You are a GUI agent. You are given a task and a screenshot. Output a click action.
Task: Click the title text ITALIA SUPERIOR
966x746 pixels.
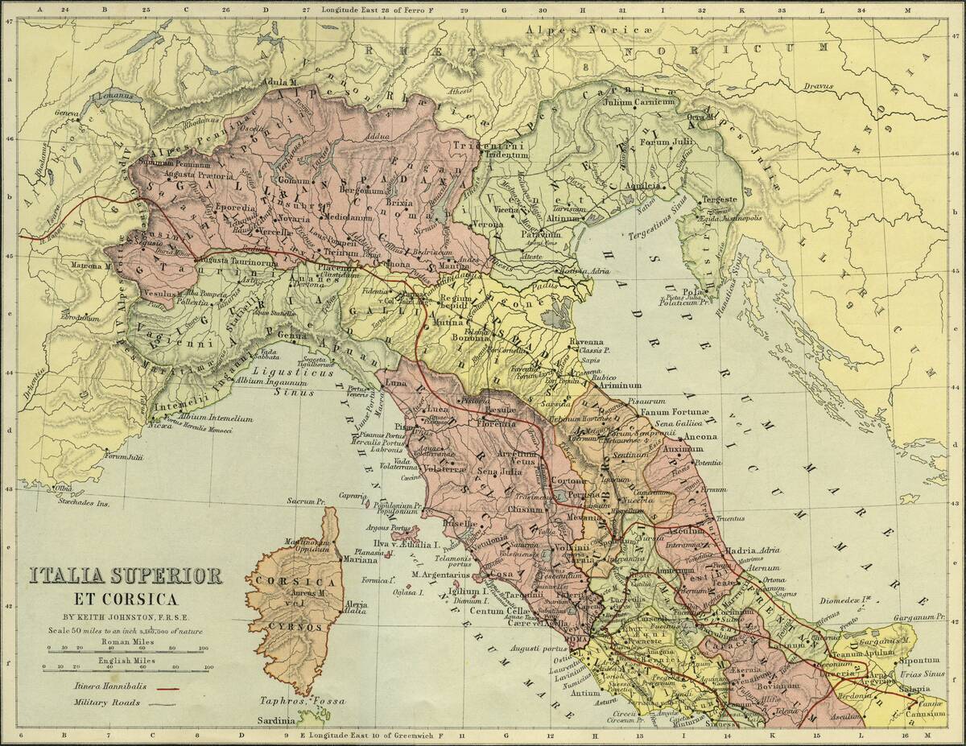click(126, 576)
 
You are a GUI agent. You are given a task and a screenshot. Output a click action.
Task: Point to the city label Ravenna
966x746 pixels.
click(586, 342)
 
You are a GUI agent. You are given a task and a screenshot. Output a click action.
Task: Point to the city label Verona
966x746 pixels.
click(489, 223)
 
